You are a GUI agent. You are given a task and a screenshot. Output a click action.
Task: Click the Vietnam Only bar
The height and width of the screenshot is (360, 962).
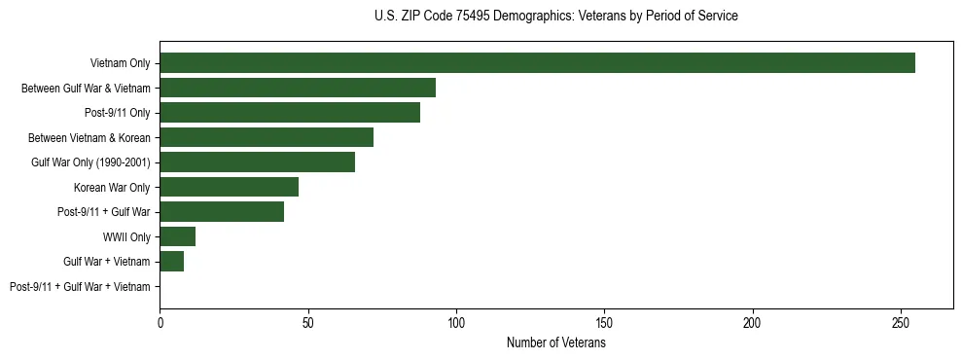point(537,63)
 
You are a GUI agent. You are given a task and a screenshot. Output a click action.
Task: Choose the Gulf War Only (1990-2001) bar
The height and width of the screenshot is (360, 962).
point(258,162)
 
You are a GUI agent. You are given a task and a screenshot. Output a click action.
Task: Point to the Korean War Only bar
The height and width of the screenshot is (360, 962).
point(230,187)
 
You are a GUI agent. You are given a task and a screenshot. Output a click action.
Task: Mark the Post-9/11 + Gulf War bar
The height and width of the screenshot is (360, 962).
point(222,212)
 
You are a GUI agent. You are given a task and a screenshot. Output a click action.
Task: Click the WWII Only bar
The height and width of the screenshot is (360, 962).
point(178,236)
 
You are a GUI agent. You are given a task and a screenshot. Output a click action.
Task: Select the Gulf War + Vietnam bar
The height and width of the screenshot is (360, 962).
point(172,261)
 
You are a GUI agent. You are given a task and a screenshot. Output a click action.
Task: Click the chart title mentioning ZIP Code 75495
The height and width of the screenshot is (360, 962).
point(555,17)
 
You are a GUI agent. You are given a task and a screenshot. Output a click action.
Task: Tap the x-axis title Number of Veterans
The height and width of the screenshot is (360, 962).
point(555,343)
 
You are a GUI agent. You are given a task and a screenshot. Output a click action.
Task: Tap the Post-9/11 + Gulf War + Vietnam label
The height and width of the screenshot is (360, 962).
point(80,286)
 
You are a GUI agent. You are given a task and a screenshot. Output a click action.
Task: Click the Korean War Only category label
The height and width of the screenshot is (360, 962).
point(112,187)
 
